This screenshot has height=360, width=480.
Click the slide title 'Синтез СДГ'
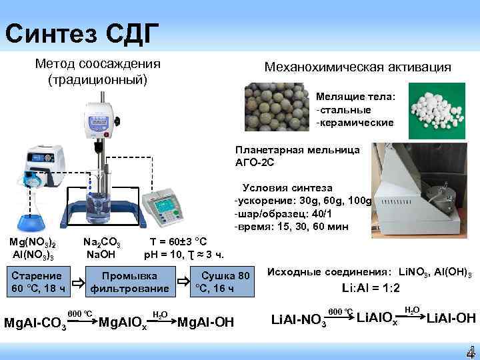pos(81,31)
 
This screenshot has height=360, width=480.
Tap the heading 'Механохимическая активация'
pos(357,67)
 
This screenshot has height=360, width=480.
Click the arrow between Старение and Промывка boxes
pos(77,283)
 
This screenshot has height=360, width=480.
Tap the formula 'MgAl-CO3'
pos(35,324)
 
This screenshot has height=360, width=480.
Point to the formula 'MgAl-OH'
pos(206,322)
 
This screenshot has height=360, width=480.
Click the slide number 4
pos(469,351)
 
